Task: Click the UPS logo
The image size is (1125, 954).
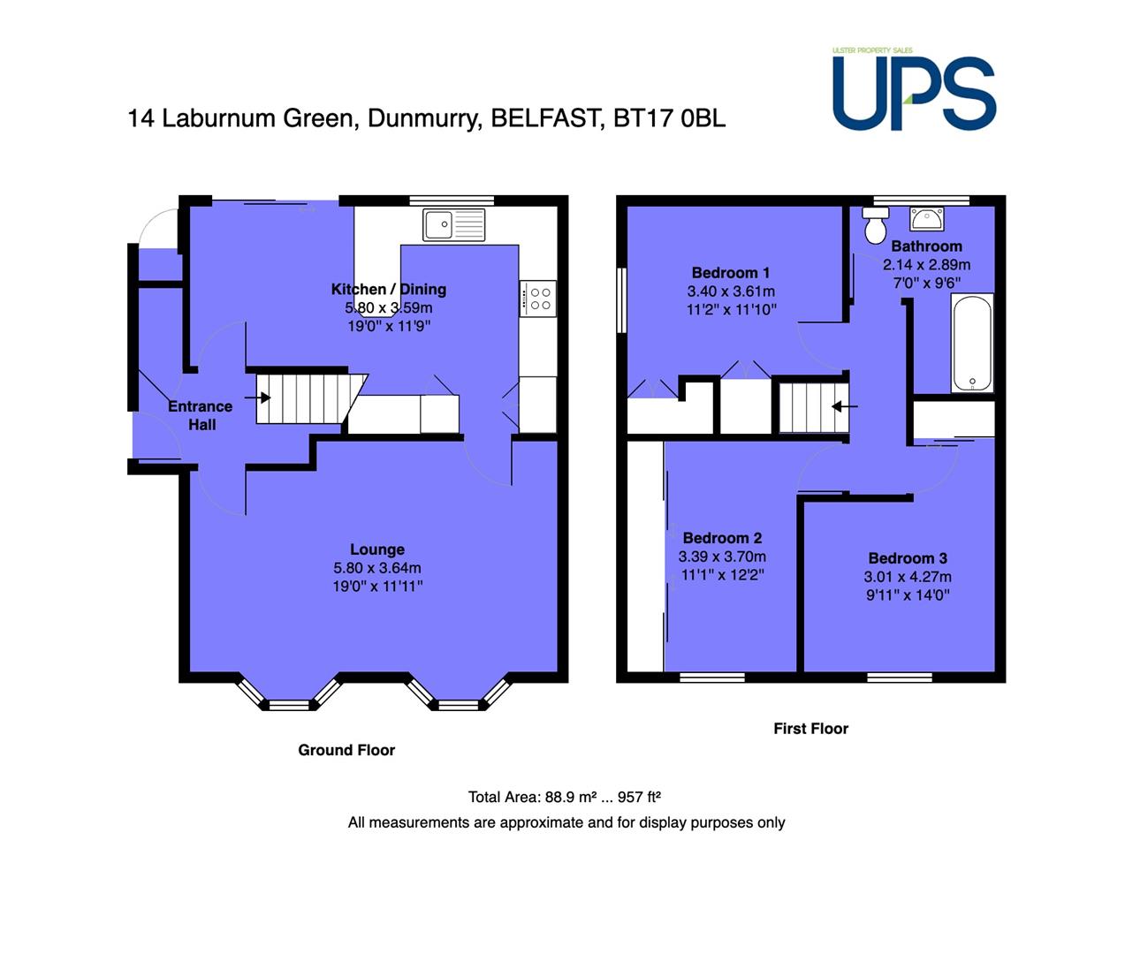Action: click(914, 90)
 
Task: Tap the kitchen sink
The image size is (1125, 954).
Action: click(453, 224)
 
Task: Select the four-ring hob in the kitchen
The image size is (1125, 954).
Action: click(537, 298)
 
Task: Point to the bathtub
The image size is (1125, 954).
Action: click(972, 343)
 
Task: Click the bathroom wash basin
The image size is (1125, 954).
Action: click(927, 219)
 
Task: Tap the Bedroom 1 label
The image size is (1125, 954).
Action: click(731, 272)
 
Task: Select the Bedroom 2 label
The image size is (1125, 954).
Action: click(722, 538)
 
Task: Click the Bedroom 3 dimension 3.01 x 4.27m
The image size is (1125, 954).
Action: click(908, 577)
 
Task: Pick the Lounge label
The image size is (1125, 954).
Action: click(377, 549)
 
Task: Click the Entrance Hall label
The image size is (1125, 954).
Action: click(201, 415)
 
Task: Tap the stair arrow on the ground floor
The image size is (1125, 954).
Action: click(257, 397)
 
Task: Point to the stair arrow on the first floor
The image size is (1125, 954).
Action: click(845, 406)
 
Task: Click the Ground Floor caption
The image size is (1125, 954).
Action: click(346, 750)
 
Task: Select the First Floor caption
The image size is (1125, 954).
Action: click(811, 728)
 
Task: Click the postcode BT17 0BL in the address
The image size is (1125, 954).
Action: click(670, 118)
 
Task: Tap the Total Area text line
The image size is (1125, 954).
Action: click(565, 797)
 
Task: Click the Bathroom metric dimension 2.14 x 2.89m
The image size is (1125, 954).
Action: click(926, 265)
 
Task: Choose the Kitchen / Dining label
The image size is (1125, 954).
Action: click(389, 290)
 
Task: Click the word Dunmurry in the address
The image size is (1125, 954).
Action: click(424, 118)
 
